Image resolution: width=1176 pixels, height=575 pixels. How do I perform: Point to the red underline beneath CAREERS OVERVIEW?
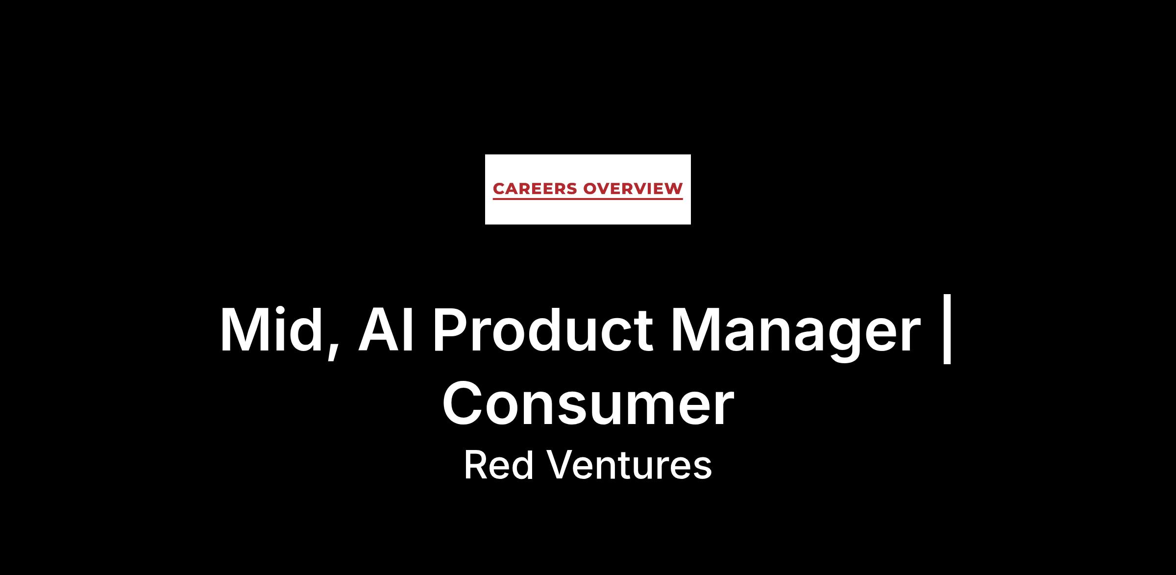click(588, 199)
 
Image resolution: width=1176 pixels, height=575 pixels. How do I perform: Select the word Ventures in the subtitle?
click(629, 465)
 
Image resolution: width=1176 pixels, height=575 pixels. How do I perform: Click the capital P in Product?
click(450, 329)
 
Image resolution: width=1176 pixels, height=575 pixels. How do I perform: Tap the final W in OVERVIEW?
click(673, 189)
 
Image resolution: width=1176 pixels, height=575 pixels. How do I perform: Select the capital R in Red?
click(476, 465)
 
